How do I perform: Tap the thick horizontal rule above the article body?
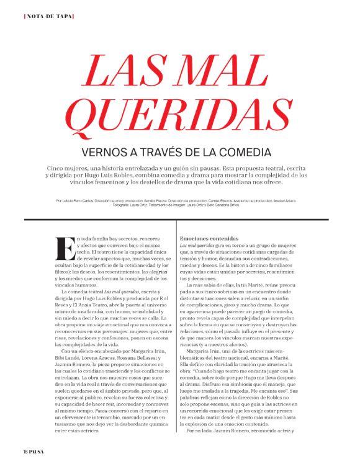tap(179, 220)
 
